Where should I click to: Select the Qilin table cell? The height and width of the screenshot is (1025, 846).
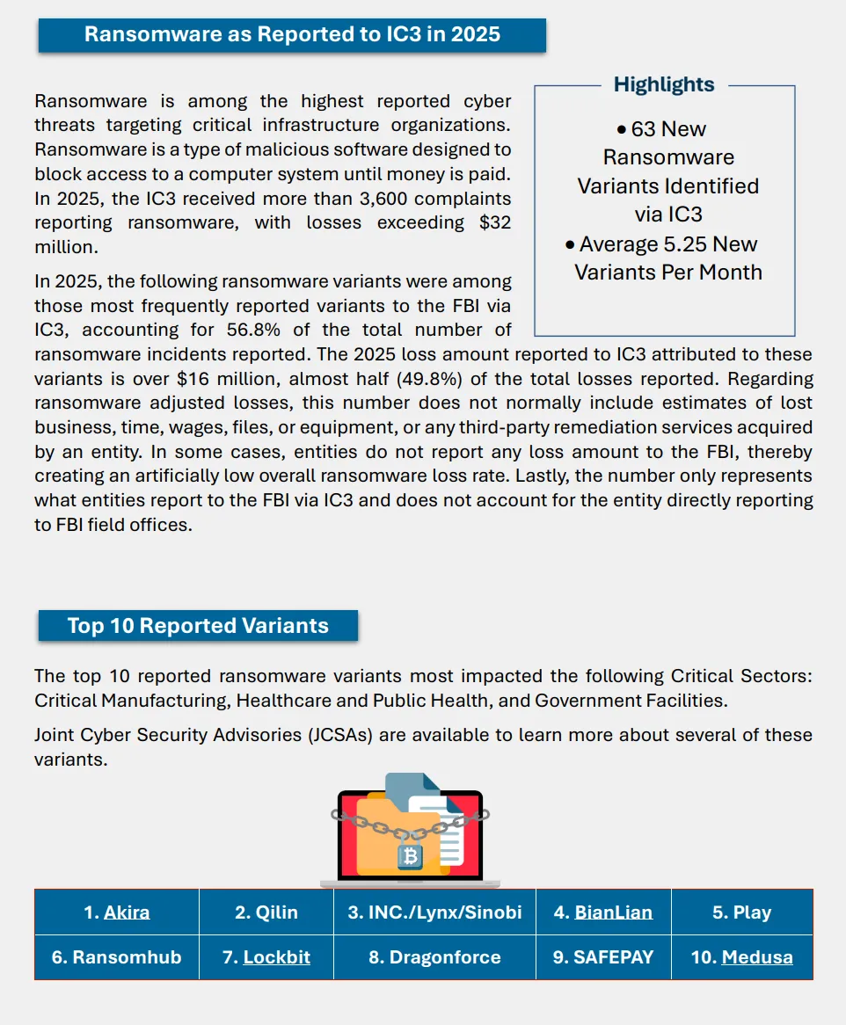click(266, 912)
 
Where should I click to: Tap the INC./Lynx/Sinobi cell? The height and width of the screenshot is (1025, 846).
click(434, 912)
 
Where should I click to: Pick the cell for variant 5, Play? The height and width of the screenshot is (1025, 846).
click(741, 912)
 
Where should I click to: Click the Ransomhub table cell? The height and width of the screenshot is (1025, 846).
click(116, 957)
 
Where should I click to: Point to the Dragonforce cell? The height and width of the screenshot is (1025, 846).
click(434, 957)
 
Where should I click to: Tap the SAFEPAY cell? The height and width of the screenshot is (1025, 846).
click(603, 957)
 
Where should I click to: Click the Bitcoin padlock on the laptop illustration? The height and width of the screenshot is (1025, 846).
click(410, 855)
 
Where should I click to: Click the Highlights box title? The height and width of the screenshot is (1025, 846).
click(664, 84)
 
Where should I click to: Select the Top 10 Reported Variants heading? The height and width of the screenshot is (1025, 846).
click(198, 626)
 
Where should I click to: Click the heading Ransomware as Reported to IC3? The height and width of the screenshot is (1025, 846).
click(292, 34)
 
